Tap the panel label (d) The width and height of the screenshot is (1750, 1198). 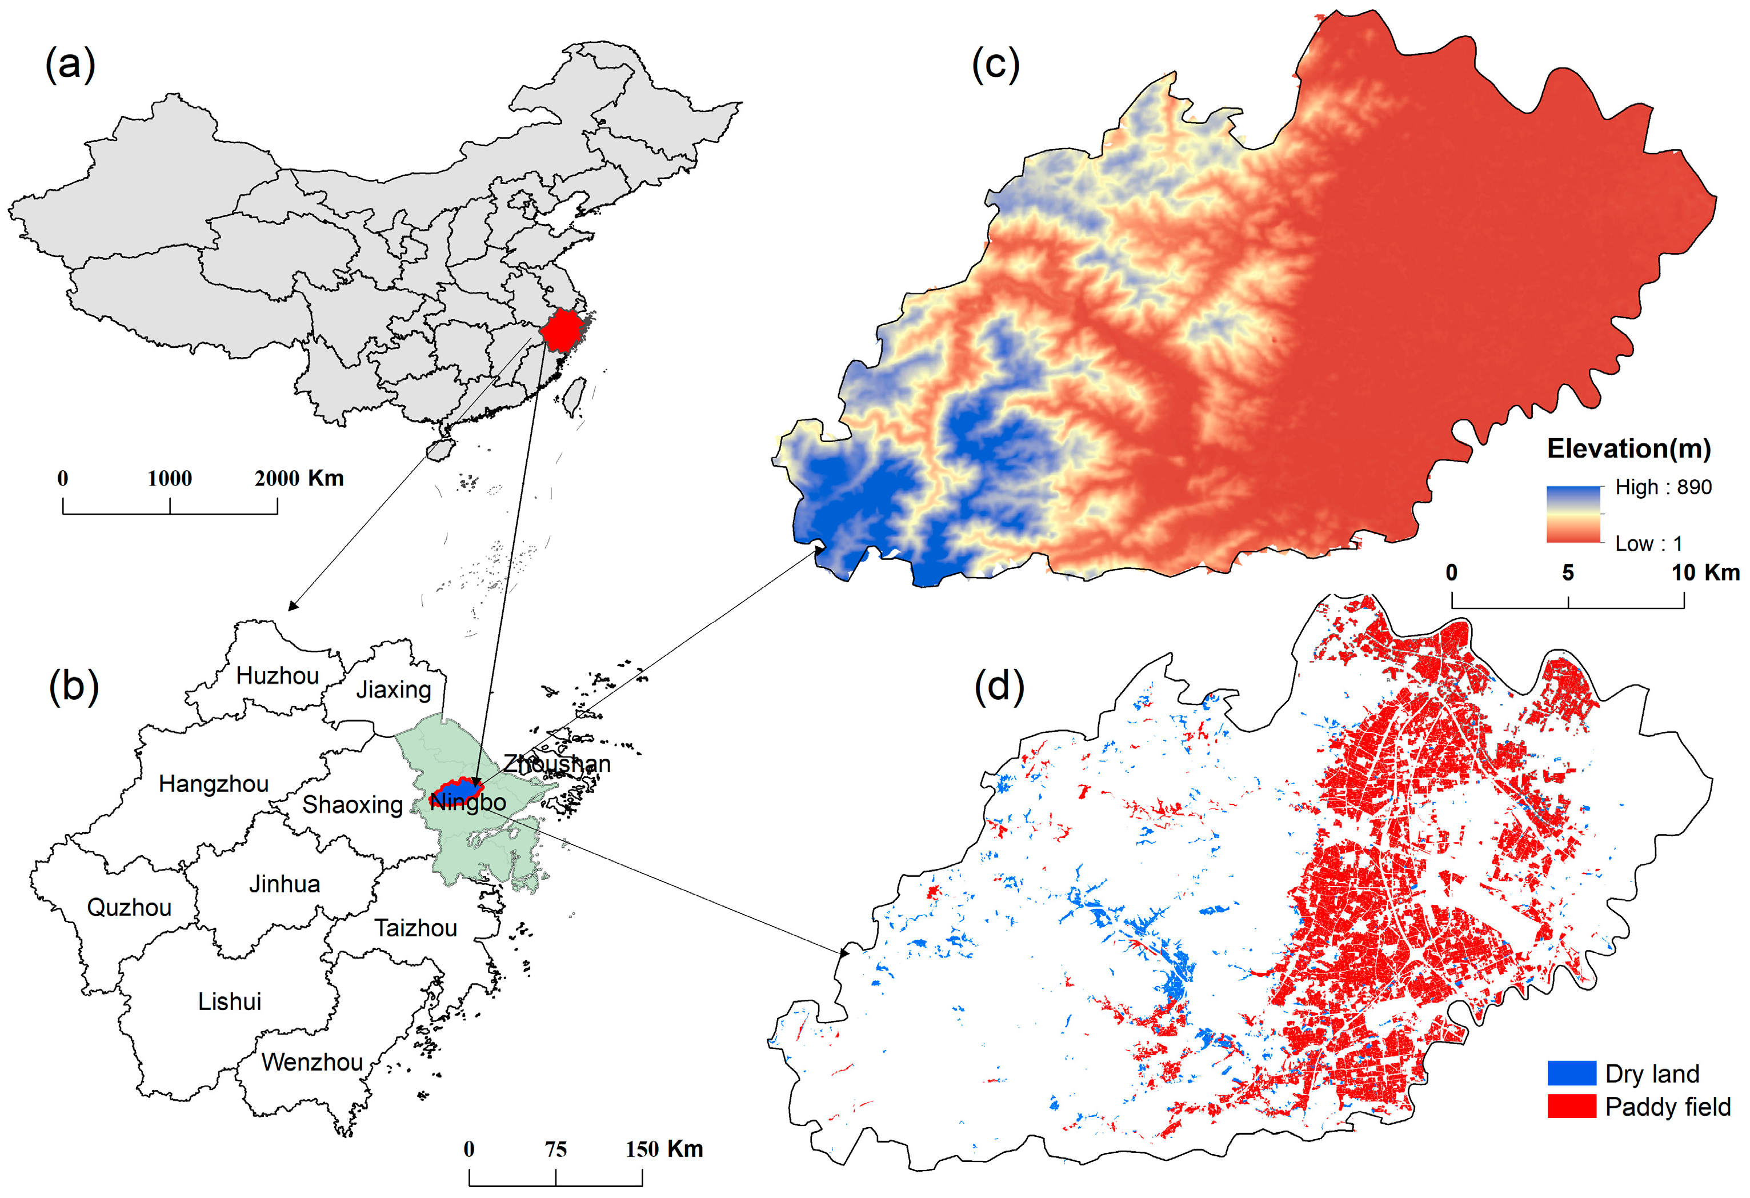click(x=999, y=686)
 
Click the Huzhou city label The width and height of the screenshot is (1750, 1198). click(x=277, y=675)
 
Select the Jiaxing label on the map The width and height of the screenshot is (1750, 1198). click(x=393, y=689)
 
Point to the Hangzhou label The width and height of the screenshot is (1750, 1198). click(x=213, y=784)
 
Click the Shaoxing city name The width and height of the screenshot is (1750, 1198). click(x=353, y=804)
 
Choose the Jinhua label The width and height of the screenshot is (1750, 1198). click(x=284, y=883)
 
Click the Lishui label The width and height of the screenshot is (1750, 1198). click(x=229, y=1001)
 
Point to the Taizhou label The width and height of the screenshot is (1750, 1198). click(x=416, y=928)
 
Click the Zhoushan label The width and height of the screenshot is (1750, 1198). click(x=556, y=763)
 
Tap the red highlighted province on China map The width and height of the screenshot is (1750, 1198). click(x=561, y=330)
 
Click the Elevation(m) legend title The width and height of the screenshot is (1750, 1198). click(x=1628, y=449)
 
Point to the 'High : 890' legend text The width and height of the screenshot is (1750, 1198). click(x=1663, y=487)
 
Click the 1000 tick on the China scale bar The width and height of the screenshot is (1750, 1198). click(x=170, y=478)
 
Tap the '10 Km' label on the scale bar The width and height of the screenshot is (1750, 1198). click(x=1705, y=572)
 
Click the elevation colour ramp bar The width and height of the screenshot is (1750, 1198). click(x=1573, y=514)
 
